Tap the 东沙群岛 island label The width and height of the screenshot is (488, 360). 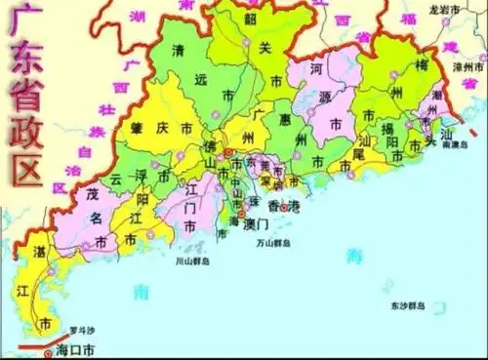(x=407, y=305)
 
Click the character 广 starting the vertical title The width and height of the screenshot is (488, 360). (x=23, y=23)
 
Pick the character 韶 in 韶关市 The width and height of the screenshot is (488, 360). (x=251, y=19)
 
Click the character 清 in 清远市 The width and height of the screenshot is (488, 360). (x=177, y=50)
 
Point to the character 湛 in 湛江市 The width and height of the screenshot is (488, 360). (x=40, y=251)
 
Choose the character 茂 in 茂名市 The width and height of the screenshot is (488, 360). (x=93, y=190)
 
